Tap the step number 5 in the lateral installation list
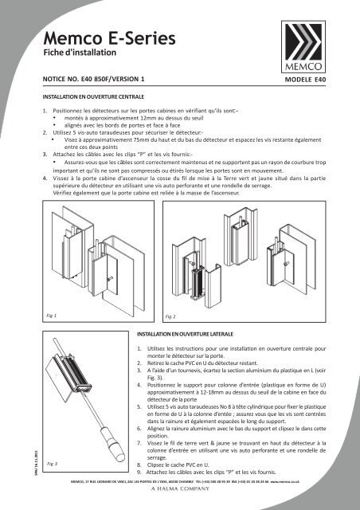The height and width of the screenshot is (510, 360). pos(139,406)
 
